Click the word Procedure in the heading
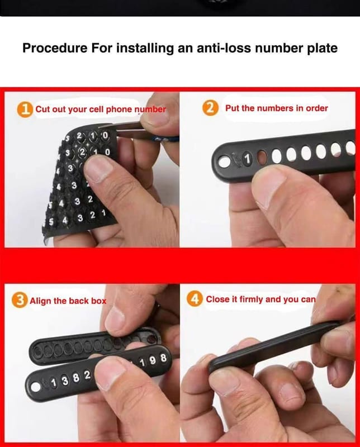(x=55, y=47)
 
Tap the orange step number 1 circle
(x=25, y=110)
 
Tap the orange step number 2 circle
(x=211, y=108)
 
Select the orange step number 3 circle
(x=20, y=300)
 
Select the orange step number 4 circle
(x=195, y=299)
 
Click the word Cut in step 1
(x=43, y=110)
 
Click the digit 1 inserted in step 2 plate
(x=247, y=159)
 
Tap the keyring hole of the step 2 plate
(x=225, y=161)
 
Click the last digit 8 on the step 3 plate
(x=163, y=358)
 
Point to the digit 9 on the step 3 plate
(x=153, y=360)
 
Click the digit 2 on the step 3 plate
(x=87, y=375)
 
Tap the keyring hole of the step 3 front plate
(x=36, y=387)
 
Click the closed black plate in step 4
(x=274, y=346)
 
